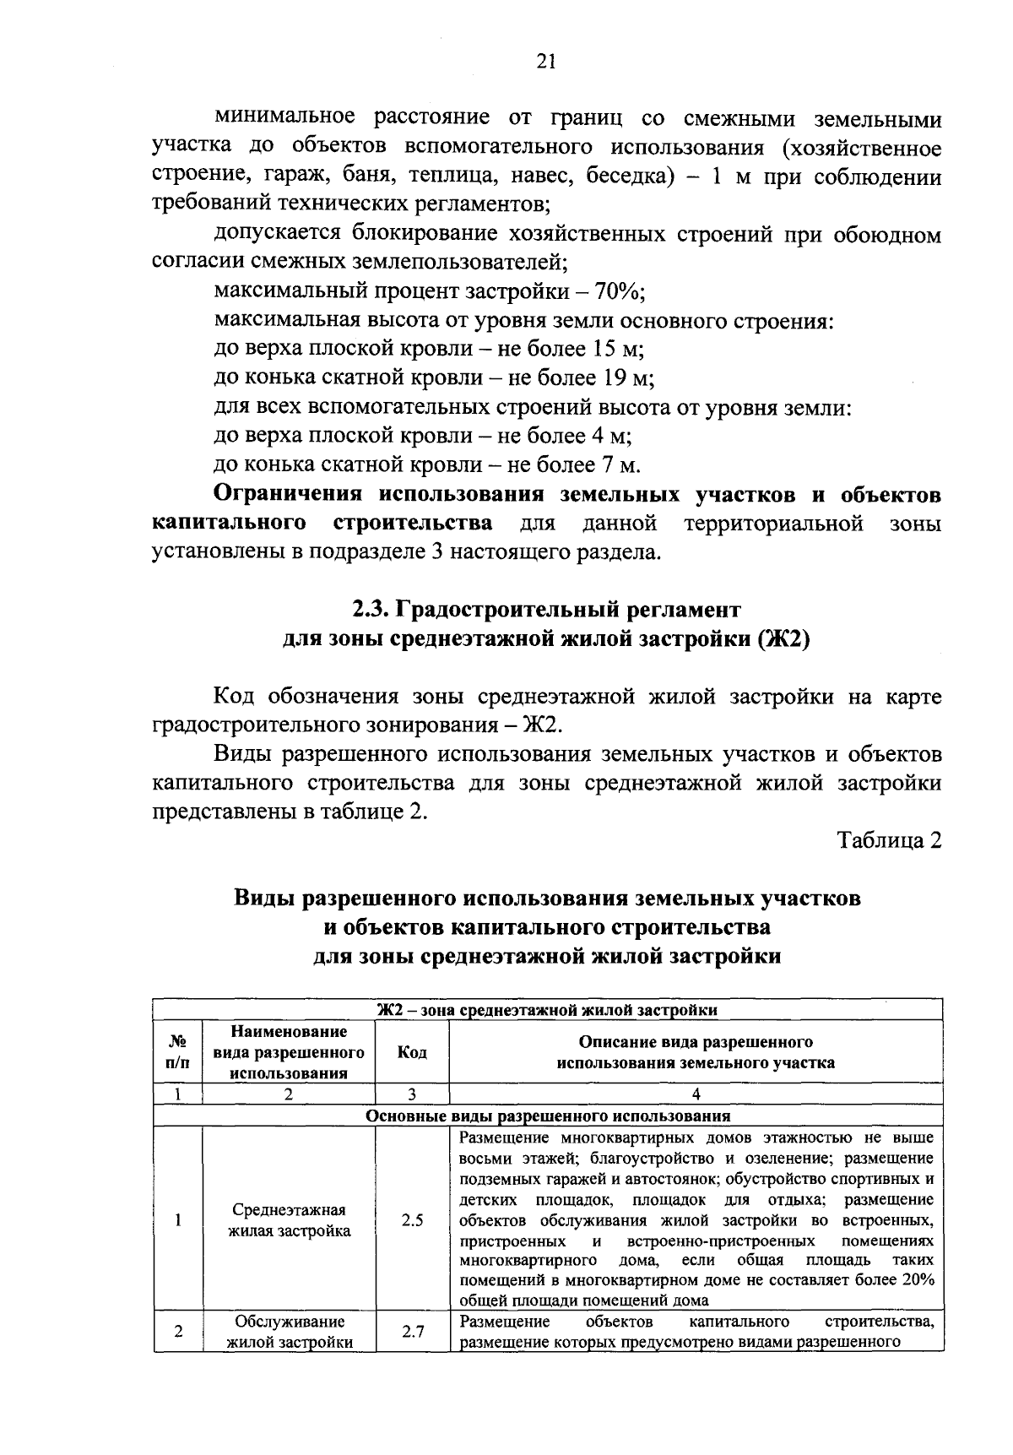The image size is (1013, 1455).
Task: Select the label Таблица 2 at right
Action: point(888,841)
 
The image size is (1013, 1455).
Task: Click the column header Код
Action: point(412,1052)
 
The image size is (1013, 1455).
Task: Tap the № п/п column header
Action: point(178,1052)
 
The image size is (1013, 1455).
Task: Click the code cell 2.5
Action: point(412,1220)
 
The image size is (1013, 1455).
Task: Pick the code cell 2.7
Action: point(412,1332)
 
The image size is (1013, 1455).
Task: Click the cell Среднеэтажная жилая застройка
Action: point(290,1220)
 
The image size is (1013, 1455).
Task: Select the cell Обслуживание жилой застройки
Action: point(290,1332)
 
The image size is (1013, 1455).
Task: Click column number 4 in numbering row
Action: point(696,1094)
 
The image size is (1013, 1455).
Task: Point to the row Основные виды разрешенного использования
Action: point(547,1116)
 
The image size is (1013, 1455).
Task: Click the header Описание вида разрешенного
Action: point(696,1042)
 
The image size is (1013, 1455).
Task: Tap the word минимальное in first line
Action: point(287,117)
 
